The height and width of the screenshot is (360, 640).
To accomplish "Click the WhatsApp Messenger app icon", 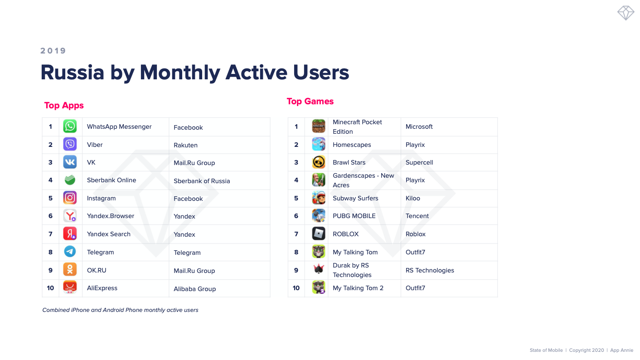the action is [x=70, y=126].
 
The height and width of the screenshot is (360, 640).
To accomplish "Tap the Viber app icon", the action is [x=70, y=144].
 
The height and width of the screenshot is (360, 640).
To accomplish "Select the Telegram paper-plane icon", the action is [x=70, y=252].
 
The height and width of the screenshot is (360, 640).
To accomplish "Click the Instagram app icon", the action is [x=70, y=198].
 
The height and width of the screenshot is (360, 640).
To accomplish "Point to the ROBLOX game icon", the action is [x=319, y=234].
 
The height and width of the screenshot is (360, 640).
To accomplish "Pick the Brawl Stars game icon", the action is [x=319, y=162].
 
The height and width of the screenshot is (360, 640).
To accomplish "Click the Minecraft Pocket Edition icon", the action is [x=319, y=126].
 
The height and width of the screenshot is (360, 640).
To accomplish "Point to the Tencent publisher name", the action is [x=417, y=216].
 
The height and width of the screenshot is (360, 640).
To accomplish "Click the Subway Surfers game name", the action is [x=355, y=198].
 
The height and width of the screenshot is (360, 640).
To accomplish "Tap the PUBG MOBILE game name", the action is [x=354, y=216].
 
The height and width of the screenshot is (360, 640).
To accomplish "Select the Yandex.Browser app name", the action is [x=111, y=216].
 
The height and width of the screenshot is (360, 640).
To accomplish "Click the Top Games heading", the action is [x=310, y=101].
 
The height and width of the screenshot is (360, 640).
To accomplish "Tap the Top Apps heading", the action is [x=64, y=106].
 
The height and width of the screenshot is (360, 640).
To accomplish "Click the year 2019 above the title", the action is [x=53, y=51].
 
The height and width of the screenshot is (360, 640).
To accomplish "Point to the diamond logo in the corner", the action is [x=625, y=13].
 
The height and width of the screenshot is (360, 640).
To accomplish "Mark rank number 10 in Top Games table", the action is [x=296, y=288].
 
